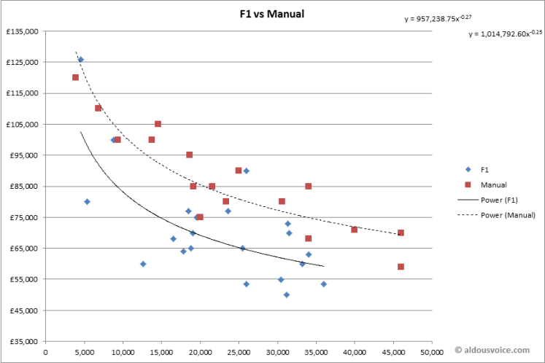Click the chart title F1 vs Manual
[x=273, y=13]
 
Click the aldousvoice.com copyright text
[x=498, y=351]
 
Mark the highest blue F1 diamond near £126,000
[x=80, y=60]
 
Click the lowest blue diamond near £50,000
[x=287, y=294]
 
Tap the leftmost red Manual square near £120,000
[x=75, y=77]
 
